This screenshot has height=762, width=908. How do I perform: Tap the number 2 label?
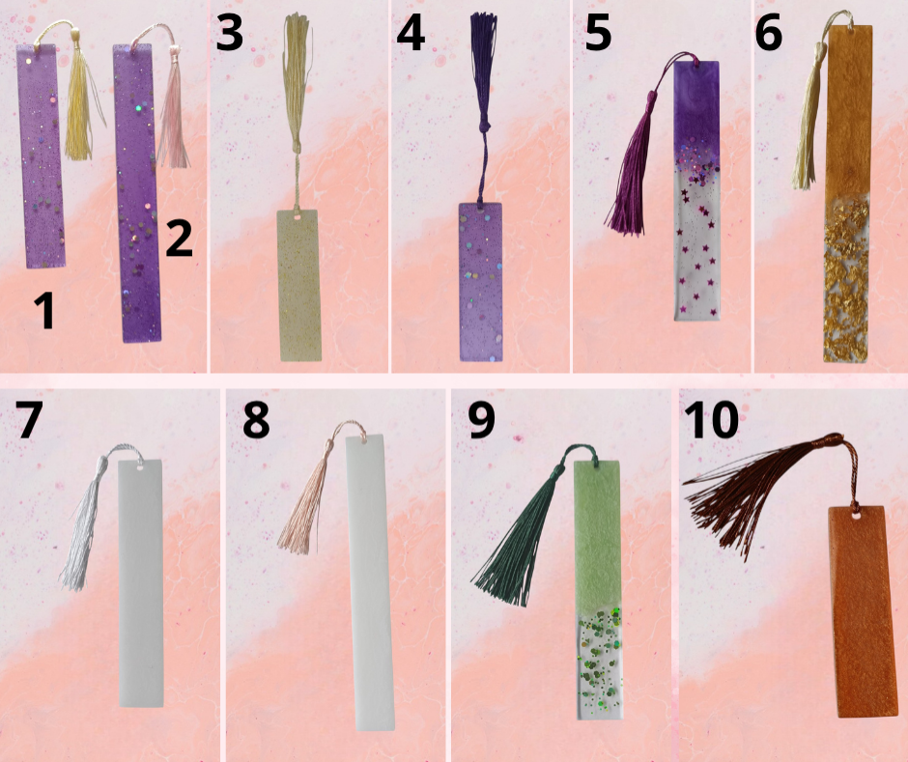[179, 239]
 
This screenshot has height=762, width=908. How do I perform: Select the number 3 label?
[229, 33]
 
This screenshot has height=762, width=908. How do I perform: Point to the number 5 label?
[598, 33]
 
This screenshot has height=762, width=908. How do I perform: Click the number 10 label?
[711, 419]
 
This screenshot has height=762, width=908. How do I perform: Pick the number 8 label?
[256, 419]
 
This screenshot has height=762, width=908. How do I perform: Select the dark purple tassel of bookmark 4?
[482, 104]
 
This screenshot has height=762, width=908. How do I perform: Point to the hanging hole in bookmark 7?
[139, 464]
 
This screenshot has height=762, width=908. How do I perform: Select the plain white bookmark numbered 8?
[371, 582]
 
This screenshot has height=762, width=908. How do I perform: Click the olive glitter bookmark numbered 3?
[299, 286]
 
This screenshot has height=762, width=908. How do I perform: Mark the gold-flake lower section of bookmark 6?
[845, 279]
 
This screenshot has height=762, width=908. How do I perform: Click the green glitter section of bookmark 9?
[601, 663]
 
